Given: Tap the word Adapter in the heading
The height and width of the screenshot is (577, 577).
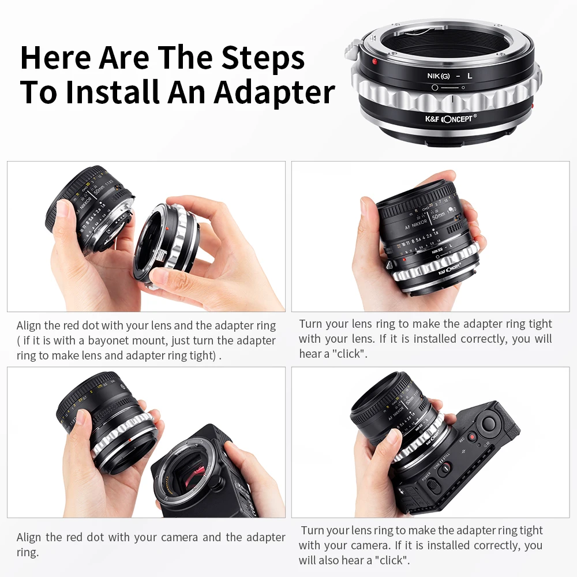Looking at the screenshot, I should coord(275,92).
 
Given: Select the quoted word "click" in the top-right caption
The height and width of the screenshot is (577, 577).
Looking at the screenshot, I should coord(349,354).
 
